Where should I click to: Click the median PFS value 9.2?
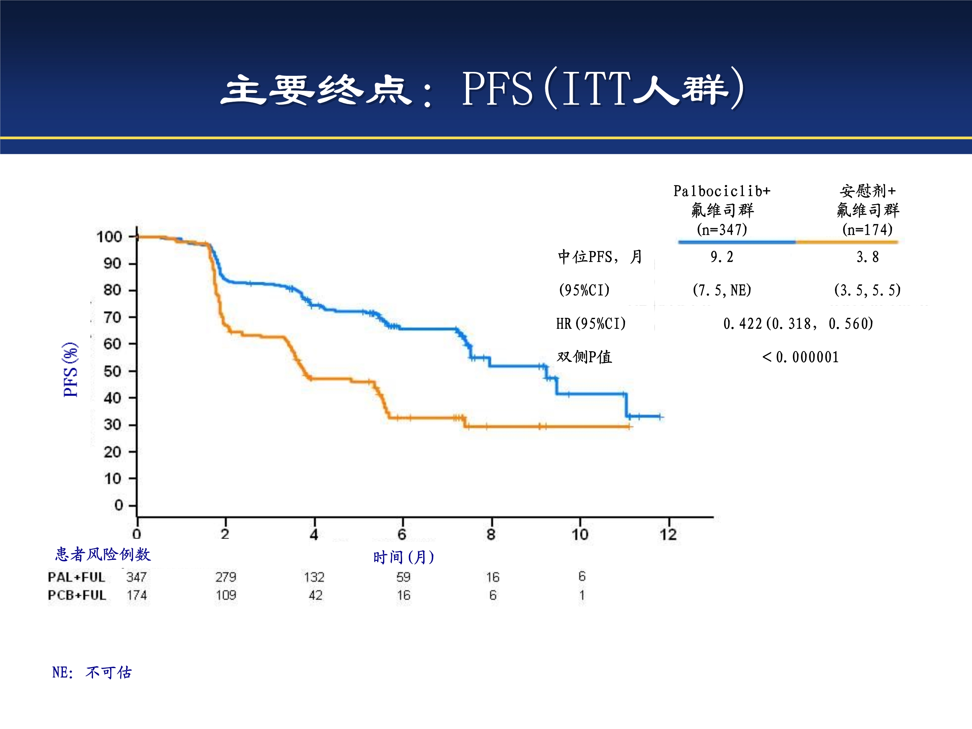coord(722,257)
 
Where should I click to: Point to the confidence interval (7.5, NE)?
coord(722,290)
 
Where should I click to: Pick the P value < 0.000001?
coord(800,357)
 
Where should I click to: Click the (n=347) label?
coord(722,229)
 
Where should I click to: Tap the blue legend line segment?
coord(737,242)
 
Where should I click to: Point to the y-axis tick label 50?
coord(112,371)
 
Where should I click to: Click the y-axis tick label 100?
coord(109,237)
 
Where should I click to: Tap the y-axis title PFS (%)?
coord(70,370)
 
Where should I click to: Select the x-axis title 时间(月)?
coord(403,557)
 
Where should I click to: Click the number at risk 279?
coord(226,577)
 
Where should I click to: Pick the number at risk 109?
coord(226,596)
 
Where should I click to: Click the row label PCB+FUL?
coord(77,596)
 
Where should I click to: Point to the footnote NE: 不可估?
coord(92,672)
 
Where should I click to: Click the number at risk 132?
coord(314,577)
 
